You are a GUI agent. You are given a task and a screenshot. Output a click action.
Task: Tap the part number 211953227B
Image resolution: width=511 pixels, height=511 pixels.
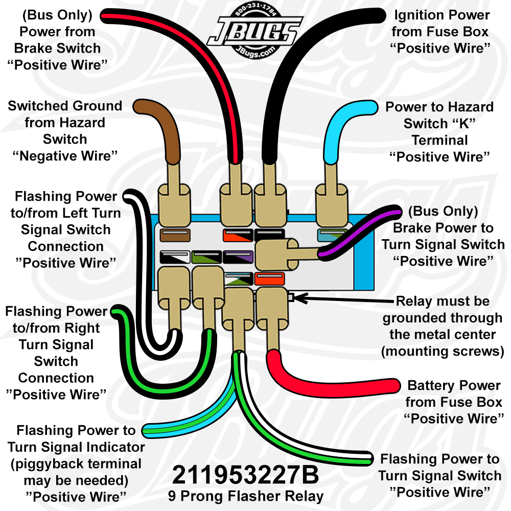(245, 475)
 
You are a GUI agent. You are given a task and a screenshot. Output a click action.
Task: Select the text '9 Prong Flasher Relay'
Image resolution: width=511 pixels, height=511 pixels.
(246, 496)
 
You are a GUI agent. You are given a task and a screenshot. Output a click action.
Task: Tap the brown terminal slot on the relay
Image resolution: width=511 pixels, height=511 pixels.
(175, 235)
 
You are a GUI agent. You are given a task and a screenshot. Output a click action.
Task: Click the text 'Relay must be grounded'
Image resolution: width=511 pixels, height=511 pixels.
(442, 310)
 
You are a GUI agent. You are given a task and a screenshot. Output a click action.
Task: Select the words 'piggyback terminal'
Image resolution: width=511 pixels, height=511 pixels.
(76, 464)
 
